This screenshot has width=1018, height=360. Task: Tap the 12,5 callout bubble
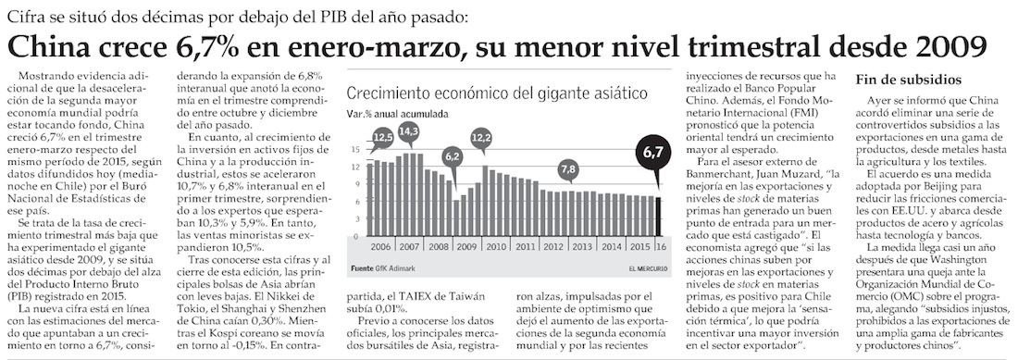coord(383,138)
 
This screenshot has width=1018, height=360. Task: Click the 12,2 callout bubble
coord(480,138)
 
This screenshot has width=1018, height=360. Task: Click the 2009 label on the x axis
coord(466,247)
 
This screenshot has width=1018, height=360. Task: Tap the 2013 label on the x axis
coord(582,247)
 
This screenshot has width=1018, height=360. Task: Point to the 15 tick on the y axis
coord(354,149)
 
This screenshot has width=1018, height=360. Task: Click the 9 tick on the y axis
coord(355,184)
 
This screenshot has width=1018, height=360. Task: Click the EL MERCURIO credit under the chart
coord(647,268)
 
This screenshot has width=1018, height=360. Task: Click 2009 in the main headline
coord(954,46)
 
